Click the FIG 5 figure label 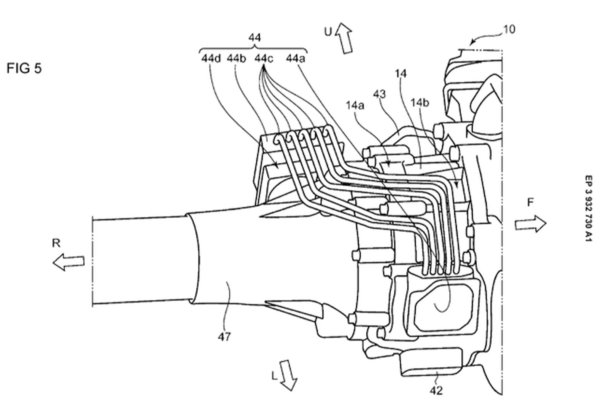coord(24,68)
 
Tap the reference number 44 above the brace coord(255,38)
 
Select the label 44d coord(211,58)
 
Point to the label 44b coord(237,58)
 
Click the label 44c coord(264,58)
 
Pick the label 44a coord(295,58)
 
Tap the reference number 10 coord(509,29)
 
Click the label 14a coord(355,106)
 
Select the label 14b coord(420,103)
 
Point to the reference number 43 coord(379,94)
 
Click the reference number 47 coord(224,337)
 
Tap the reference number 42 coord(436,390)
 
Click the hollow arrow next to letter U coord(344,38)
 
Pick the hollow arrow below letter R coord(69,262)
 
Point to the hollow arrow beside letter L coord(288,375)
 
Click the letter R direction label coord(56,243)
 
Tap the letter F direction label coord(530,203)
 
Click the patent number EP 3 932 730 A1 coord(588,209)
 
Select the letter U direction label coord(328,32)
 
